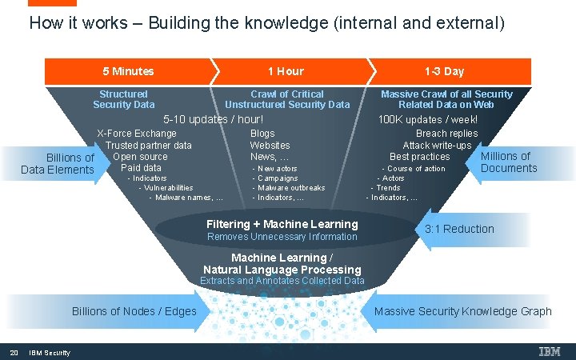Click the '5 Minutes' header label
click(128, 71)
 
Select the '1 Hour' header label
click(286, 71)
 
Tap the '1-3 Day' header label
click(444, 71)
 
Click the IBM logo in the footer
click(550, 352)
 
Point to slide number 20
click(14, 353)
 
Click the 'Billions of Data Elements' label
click(58, 163)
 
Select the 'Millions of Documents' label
click(509, 162)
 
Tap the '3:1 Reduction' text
click(459, 229)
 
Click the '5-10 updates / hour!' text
click(213, 119)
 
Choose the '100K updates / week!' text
click(428, 120)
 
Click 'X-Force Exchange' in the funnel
click(137, 134)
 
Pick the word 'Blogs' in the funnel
click(262, 134)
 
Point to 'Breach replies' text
click(446, 134)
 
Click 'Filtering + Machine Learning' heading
click(282, 224)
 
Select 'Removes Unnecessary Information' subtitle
click(282, 237)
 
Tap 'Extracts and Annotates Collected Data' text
click(282, 281)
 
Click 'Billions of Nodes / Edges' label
click(134, 311)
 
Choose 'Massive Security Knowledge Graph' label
click(462, 311)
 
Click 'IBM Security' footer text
click(50, 353)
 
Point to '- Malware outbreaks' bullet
click(291, 187)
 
